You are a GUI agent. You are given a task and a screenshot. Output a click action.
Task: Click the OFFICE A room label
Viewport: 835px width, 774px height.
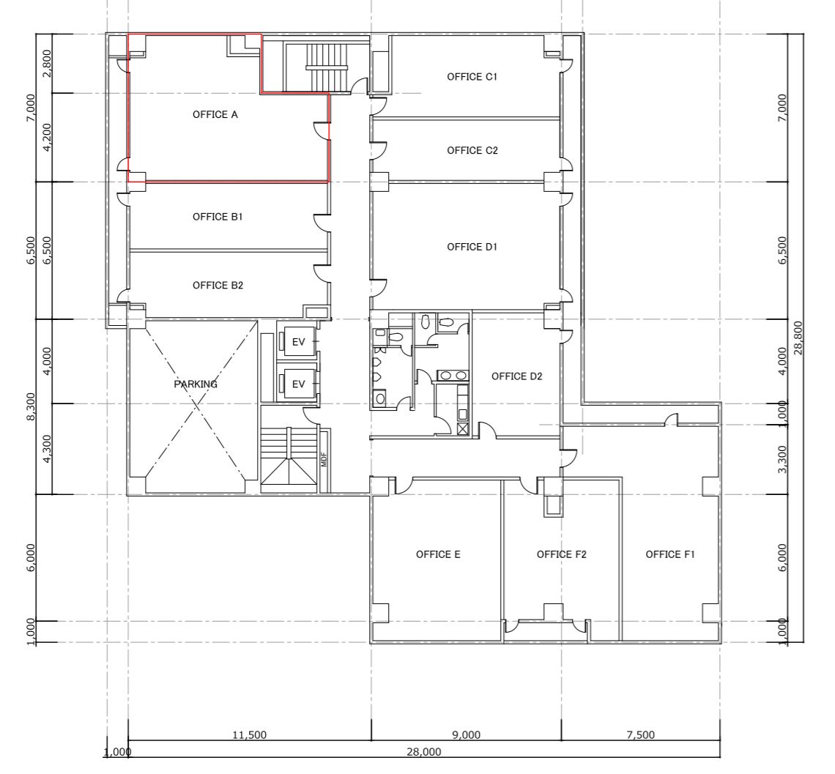click(x=215, y=114)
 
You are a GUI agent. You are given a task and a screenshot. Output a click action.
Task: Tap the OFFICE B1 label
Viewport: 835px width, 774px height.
click(x=218, y=217)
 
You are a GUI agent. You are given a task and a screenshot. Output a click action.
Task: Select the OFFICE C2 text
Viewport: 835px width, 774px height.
click(x=472, y=151)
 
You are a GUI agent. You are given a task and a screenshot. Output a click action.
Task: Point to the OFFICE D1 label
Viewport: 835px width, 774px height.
click(x=472, y=247)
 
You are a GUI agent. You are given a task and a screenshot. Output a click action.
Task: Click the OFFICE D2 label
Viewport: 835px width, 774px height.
click(x=516, y=376)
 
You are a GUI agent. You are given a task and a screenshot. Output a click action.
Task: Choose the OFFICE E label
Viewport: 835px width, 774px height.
click(x=438, y=554)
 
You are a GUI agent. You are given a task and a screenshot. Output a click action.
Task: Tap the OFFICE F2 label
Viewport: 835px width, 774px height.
click(x=561, y=554)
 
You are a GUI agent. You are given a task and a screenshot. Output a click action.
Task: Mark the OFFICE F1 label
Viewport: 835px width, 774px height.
click(x=670, y=554)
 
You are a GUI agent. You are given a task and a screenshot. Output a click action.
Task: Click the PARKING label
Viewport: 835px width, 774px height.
click(x=196, y=384)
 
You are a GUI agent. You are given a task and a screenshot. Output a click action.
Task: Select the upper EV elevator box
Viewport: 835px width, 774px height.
click(x=299, y=341)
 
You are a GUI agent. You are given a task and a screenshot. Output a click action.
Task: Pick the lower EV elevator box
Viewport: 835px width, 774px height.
click(x=299, y=384)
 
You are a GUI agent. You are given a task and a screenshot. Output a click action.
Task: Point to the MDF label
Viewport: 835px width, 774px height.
click(x=323, y=459)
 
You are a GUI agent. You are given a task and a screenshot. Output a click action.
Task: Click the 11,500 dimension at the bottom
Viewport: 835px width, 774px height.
click(x=249, y=735)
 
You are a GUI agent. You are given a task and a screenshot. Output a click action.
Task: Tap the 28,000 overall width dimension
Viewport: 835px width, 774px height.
click(x=424, y=752)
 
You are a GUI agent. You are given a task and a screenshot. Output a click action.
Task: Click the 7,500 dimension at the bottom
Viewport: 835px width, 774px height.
click(x=641, y=735)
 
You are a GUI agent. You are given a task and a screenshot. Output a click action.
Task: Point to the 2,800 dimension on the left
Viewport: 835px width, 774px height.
click(x=47, y=64)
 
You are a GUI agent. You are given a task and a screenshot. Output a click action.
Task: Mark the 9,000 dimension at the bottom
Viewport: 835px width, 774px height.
click(x=466, y=735)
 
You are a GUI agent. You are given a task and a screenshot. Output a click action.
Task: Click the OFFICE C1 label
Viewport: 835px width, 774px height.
click(x=472, y=77)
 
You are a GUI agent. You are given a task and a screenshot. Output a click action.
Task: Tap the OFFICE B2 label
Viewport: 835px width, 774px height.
click(x=218, y=286)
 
